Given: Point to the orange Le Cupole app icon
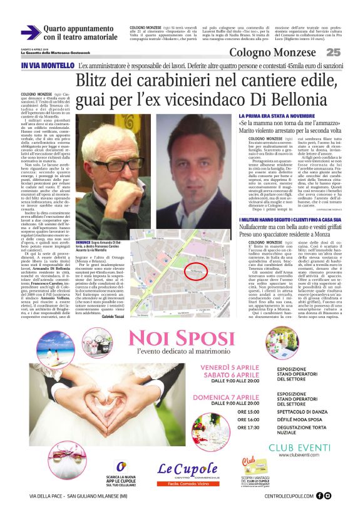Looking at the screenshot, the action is pos(121,467).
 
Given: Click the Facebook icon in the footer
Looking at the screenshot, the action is pos(319,496).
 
